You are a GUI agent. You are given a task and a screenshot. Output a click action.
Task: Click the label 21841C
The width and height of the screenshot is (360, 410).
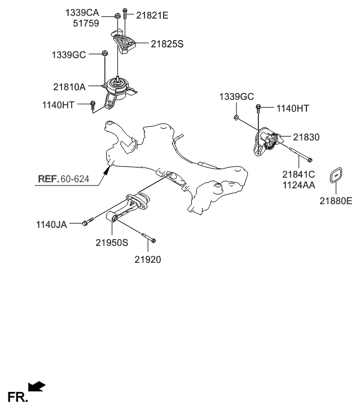298,174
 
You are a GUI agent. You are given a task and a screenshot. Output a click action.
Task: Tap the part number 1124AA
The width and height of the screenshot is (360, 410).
298,184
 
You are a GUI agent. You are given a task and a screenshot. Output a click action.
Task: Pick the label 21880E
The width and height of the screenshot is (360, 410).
335,200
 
